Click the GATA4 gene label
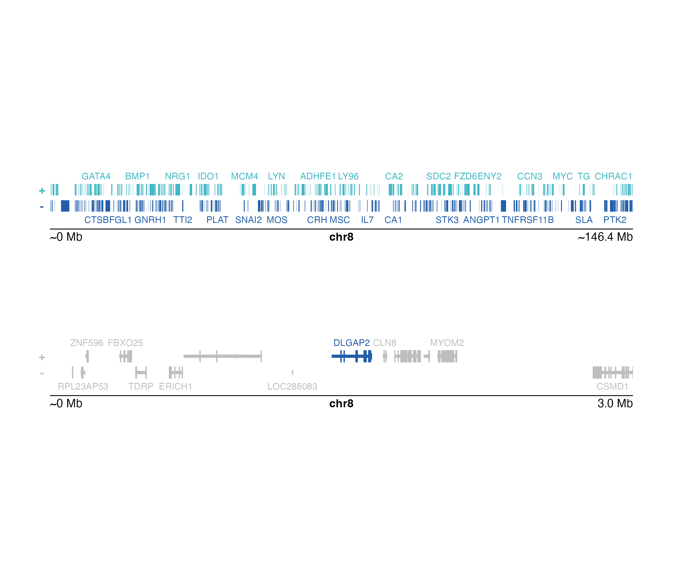point(96,176)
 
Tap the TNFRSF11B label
point(528,220)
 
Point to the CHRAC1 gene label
point(613,176)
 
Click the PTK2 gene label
point(615,220)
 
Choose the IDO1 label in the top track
point(208,176)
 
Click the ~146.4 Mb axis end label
point(605,237)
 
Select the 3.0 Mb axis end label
point(615,403)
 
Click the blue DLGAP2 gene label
point(351,343)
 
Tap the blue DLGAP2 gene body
point(352,356)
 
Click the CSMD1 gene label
point(612,386)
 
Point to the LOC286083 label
point(292,386)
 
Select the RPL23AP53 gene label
point(83,386)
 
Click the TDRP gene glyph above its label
point(141,372)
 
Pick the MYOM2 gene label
point(447,343)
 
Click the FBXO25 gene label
point(125,343)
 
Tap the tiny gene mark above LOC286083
point(292,372)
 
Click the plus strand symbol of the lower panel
point(42,357)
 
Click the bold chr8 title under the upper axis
point(341,237)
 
